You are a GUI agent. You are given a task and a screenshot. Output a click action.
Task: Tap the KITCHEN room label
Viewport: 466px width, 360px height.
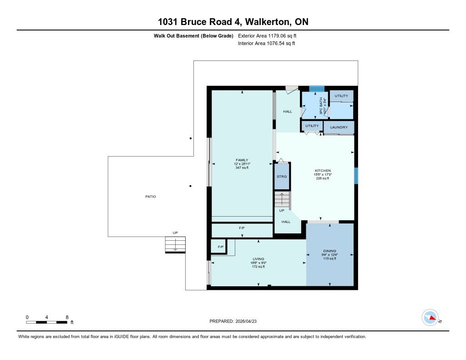pyautogui.click(x=322, y=171)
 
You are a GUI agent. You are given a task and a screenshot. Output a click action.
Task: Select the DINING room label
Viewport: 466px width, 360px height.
pyautogui.click(x=329, y=251)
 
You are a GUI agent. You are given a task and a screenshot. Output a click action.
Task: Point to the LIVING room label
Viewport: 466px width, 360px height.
pyautogui.click(x=258, y=259)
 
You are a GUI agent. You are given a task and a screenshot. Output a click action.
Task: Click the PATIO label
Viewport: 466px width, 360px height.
pyautogui.click(x=150, y=197)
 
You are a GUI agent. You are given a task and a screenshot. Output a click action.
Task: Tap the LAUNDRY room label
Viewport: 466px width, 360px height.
pyautogui.click(x=339, y=127)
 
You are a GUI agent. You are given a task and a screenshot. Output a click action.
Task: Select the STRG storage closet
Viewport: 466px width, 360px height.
pyautogui.click(x=282, y=176)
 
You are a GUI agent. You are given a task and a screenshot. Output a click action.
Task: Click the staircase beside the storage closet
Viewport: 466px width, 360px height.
pyautogui.click(x=282, y=199)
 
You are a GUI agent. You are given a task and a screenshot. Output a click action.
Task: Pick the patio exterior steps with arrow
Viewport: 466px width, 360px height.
pyautogui.click(x=175, y=244)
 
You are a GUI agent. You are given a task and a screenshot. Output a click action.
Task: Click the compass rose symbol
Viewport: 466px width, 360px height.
pyautogui.click(x=430, y=317)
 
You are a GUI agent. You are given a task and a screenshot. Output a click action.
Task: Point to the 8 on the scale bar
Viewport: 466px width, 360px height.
pyautogui.click(x=67, y=317)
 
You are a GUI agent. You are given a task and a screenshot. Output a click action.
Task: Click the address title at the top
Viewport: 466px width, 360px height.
pyautogui.click(x=233, y=22)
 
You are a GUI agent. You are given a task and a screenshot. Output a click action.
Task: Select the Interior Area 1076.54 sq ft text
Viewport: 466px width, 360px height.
pyautogui.click(x=267, y=44)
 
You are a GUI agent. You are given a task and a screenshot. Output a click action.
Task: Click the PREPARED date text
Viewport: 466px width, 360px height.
pyautogui.click(x=236, y=321)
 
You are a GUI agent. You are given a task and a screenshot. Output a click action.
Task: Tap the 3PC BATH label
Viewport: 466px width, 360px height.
pyautogui.click(x=321, y=106)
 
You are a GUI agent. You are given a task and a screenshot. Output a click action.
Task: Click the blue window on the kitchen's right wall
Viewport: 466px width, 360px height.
pyautogui.click(x=356, y=176)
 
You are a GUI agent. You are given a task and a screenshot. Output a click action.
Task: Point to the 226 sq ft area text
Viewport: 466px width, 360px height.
pyautogui.click(x=322, y=178)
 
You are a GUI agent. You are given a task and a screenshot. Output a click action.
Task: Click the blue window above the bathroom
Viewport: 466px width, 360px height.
pyautogui.click(x=317, y=89)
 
